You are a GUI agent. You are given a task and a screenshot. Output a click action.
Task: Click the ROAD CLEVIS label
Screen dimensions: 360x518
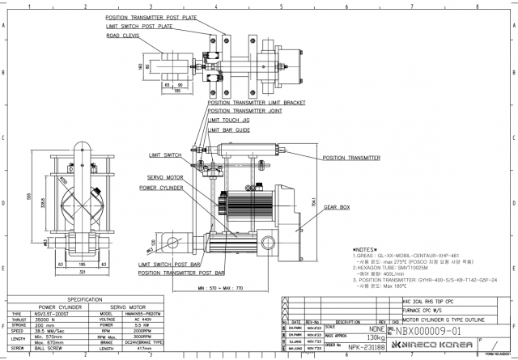pyautogui.click(x=121, y=36)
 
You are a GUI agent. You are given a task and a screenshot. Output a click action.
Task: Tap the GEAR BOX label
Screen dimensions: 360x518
pyautogui.click(x=338, y=208)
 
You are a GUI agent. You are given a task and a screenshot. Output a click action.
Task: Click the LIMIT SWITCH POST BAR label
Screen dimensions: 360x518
pyautogui.click(x=169, y=264)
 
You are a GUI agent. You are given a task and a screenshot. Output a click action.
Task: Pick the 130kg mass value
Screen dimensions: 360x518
pyautogui.click(x=376, y=337)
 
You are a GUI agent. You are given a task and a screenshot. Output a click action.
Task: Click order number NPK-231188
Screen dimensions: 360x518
pyautogui.click(x=365, y=346)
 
